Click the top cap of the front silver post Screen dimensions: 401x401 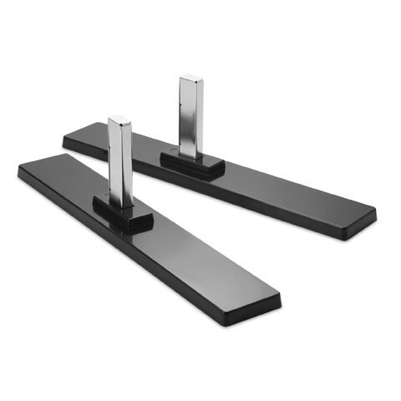coord(119,119)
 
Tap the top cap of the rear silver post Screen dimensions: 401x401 coord(190,79)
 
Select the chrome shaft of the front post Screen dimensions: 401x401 coord(120,163)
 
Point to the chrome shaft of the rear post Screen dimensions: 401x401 coord(191,117)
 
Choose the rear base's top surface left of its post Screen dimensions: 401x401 coord(125,138)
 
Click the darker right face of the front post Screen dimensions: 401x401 coord(128,167)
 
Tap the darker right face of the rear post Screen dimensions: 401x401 coord(199,117)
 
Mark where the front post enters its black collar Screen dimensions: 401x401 coord(121,203)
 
